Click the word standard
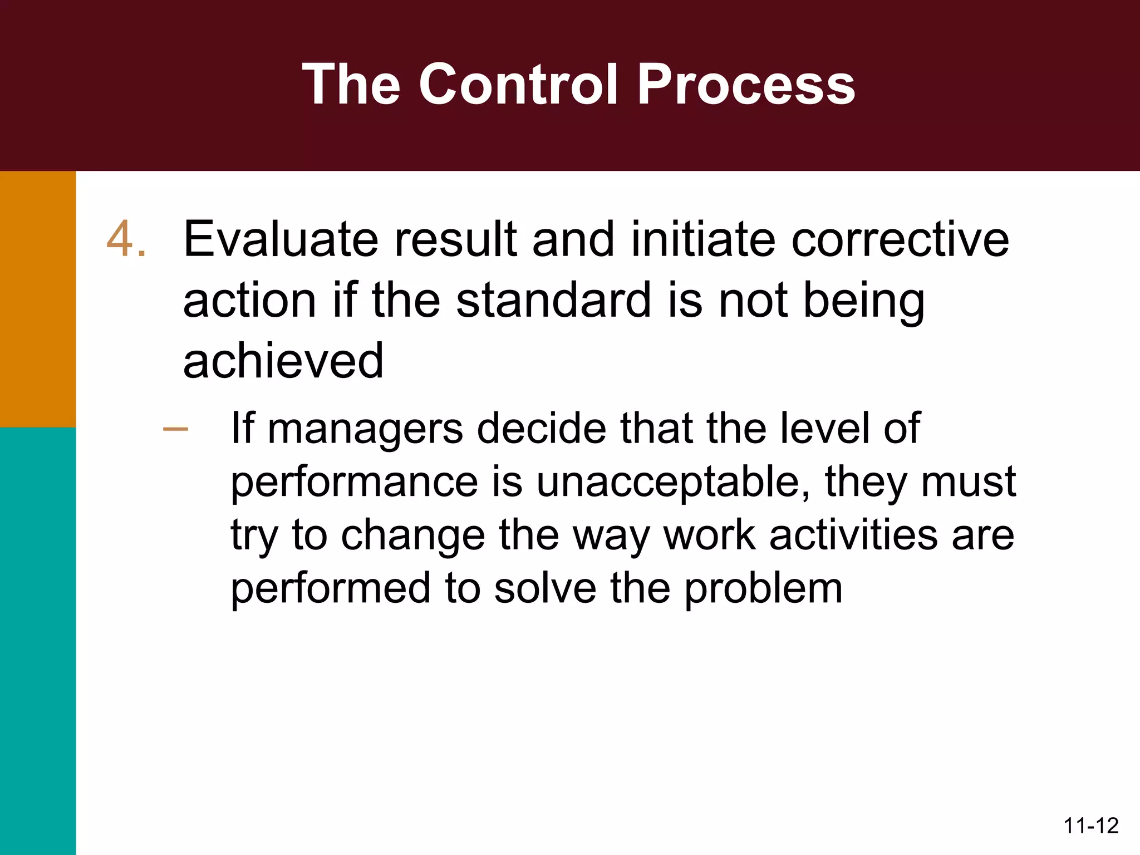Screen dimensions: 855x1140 pos(553,301)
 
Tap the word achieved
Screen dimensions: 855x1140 pos(283,361)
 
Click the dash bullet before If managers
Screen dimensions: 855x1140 pos(176,429)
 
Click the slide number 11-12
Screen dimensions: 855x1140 pos(1090,825)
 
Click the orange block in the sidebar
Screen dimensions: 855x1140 pos(38,299)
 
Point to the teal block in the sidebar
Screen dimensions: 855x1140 pos(38,640)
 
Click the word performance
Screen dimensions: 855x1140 pos(355,482)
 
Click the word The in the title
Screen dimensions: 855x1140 pos(351,85)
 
